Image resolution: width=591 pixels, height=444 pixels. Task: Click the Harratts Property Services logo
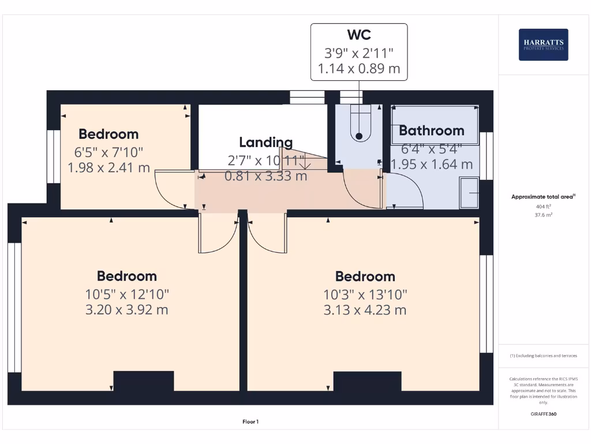[543, 45]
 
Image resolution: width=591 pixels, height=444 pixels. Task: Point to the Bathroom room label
[432, 131]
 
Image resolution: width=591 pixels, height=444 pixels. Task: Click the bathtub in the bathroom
[435, 124]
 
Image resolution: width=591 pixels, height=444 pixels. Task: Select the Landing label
[265, 142]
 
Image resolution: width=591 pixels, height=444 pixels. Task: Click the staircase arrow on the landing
[305, 164]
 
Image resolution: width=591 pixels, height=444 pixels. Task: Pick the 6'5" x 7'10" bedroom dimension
[109, 152]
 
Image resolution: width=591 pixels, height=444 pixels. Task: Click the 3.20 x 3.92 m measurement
[126, 310]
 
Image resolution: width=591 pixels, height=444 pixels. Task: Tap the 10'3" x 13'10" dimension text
[365, 294]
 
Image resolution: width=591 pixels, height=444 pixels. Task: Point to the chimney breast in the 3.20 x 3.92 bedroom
[144, 381]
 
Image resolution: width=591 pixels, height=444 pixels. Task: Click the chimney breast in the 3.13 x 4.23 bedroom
[367, 381]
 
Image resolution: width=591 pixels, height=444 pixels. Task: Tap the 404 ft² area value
[543, 206]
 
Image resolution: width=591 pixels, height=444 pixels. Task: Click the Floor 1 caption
[250, 422]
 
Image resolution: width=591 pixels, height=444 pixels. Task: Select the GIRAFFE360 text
[543, 415]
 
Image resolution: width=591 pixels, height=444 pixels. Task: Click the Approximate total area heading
[543, 197]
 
